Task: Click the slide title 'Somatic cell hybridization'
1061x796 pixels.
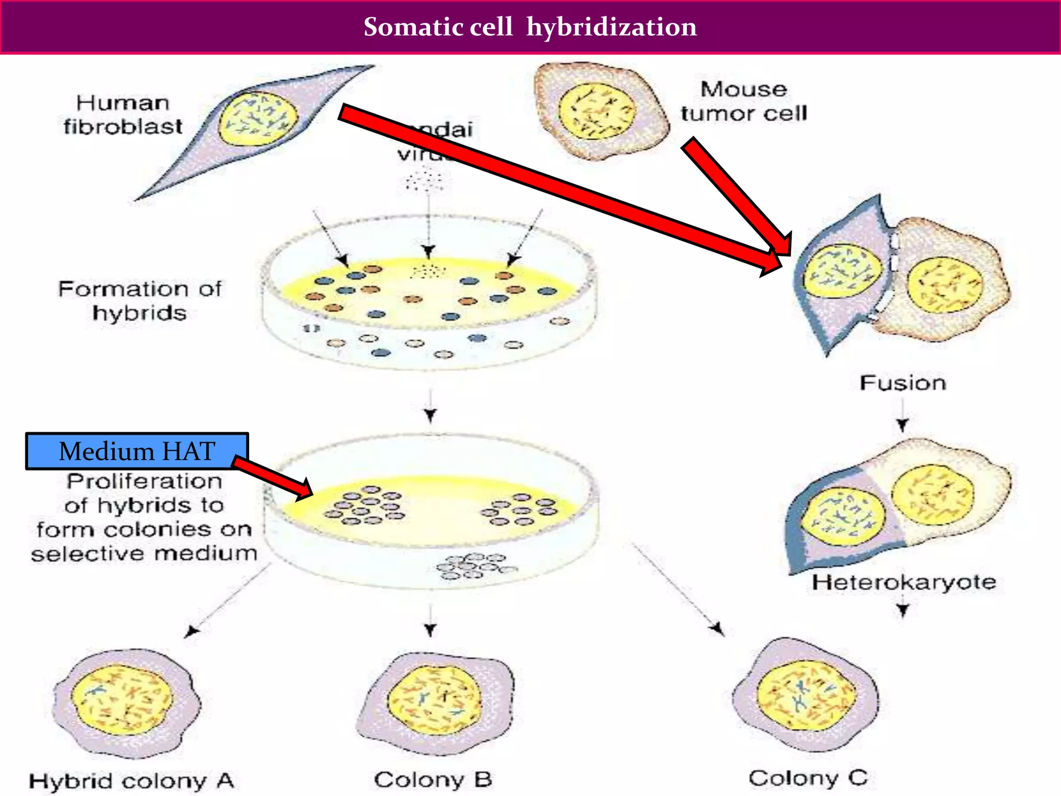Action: point(530,27)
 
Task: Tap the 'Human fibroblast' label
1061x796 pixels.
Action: point(123,115)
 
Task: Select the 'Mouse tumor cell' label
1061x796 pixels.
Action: point(744,102)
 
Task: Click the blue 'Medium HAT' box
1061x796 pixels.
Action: point(137,451)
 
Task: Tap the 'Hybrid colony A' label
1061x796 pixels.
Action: point(132,780)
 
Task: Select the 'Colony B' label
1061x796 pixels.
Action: point(433,779)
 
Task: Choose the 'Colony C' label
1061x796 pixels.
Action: point(808,778)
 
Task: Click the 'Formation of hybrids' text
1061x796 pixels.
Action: point(140,301)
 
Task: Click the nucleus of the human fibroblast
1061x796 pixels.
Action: point(257,118)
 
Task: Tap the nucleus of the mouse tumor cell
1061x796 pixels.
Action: point(597,111)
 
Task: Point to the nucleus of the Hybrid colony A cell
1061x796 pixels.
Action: point(122,700)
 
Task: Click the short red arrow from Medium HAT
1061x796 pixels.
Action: point(274,477)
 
